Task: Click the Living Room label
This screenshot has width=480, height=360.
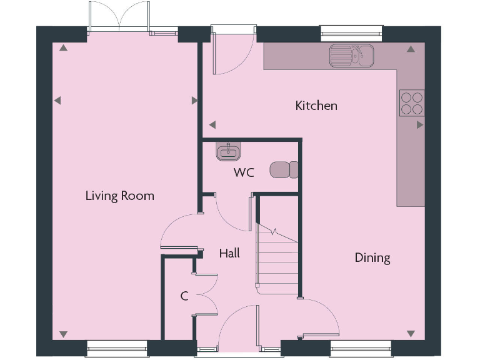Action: point(119,196)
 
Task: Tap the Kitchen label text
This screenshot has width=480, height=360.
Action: point(316,106)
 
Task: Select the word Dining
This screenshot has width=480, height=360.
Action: point(372,257)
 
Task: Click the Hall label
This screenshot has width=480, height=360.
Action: point(229,253)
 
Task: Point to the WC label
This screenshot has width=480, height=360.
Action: point(244,172)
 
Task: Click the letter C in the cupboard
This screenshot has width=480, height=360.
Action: point(184,296)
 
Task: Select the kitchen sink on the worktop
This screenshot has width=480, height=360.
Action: point(351,55)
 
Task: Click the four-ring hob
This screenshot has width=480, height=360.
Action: point(412,103)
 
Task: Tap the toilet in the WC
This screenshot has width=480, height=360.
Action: point(285,169)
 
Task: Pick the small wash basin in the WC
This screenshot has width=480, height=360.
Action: point(228,151)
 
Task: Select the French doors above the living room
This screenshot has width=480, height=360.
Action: point(119,17)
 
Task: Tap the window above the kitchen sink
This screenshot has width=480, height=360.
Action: point(351,30)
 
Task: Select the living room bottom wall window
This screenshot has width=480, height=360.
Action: point(117,346)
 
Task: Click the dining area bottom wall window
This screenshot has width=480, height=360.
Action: point(361,346)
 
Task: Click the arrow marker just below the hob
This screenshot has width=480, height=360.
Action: point(419,124)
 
